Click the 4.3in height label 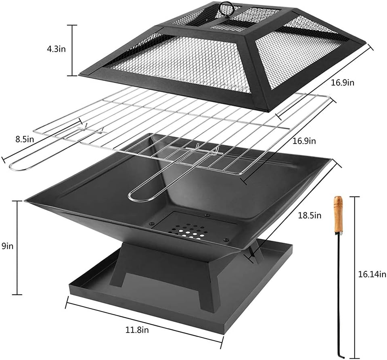[55, 50]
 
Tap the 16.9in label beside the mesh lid [342, 83]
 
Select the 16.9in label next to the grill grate [304, 141]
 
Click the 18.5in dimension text [310, 215]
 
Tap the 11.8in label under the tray [137, 331]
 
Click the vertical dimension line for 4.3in [72, 50]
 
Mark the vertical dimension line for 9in [17, 248]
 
